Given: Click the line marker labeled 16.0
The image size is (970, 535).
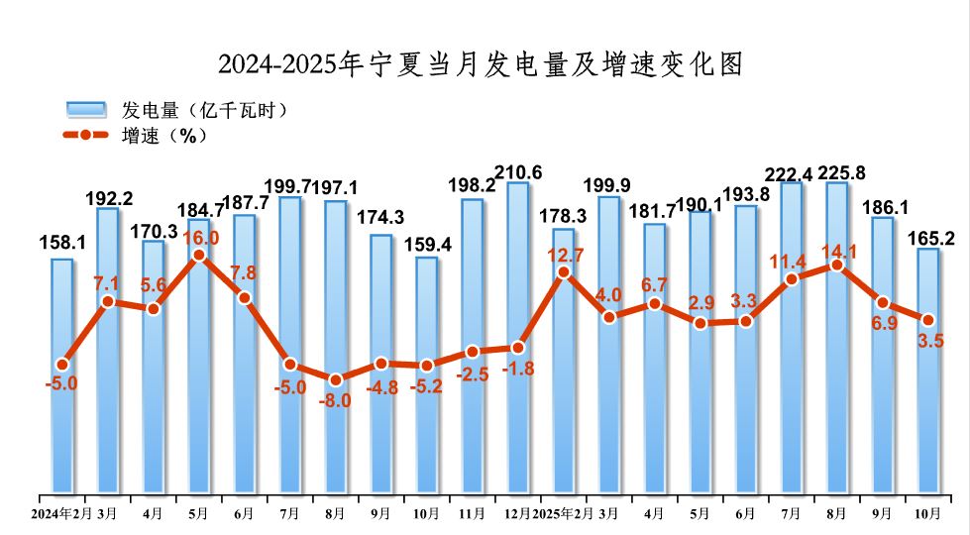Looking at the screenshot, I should pos(198,256).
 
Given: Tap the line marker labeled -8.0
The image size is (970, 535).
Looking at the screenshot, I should pos(335,379).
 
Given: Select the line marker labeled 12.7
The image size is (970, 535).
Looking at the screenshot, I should pos(564,271).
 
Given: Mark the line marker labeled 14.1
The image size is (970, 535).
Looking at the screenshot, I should pos(837,265).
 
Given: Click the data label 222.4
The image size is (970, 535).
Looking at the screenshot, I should pos(792,175).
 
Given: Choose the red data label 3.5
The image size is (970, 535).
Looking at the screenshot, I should pos(930,342).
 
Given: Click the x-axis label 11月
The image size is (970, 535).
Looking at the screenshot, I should pos(473,513).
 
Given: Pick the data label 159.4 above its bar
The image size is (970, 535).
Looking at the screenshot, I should pos(426,243).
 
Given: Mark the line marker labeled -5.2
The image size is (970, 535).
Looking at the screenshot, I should pos(426,366).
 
